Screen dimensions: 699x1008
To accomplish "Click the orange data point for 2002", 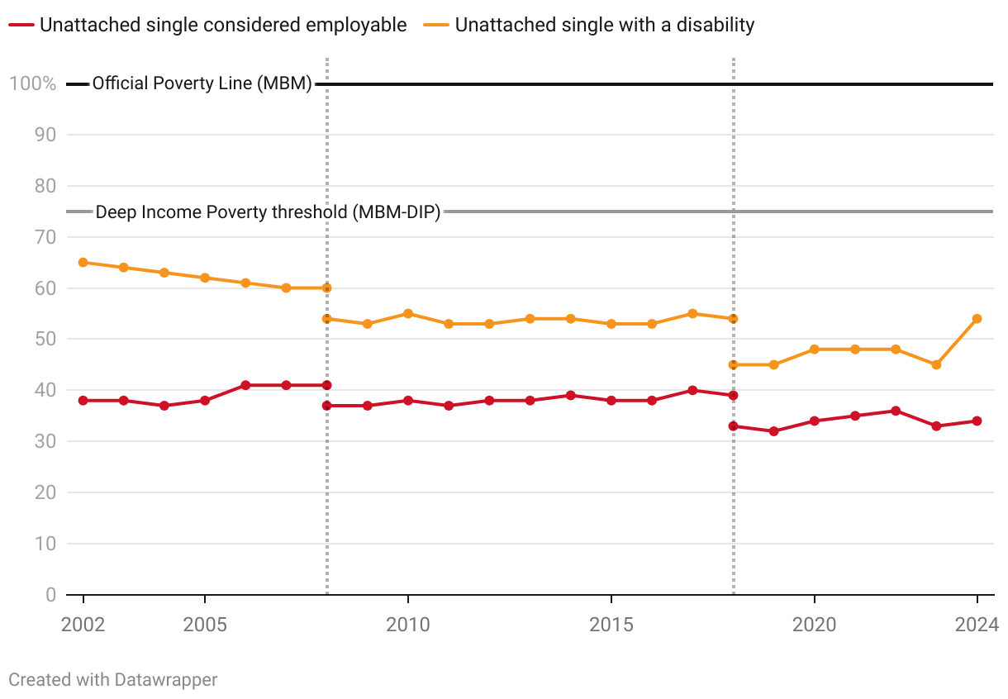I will click(83, 263).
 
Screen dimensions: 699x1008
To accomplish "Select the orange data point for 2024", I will click(977, 319).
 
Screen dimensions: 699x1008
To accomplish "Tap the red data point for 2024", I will click(977, 421).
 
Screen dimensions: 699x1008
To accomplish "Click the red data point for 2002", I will click(83, 401).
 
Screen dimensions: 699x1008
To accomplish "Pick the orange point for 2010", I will click(408, 314).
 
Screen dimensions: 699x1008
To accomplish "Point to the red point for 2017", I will click(692, 391).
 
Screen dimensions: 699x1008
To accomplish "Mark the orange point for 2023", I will click(936, 364).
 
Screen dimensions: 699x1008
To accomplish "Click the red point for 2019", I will click(773, 431).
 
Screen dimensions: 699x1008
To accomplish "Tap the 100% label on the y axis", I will click(33, 83).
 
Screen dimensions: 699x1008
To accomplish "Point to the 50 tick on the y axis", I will click(45, 340).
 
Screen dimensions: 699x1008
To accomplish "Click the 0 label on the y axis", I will click(50, 595).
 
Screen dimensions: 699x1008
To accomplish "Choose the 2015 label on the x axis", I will click(611, 625).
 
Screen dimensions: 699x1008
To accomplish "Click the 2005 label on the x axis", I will click(205, 625).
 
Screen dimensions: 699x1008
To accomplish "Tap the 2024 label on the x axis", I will click(977, 625).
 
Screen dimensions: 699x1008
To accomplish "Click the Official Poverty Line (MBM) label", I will click(202, 83).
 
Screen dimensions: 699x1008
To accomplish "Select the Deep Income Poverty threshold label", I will click(268, 212).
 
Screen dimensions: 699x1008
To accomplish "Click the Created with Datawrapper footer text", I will click(113, 680).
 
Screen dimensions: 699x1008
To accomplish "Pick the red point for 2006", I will click(245, 386).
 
